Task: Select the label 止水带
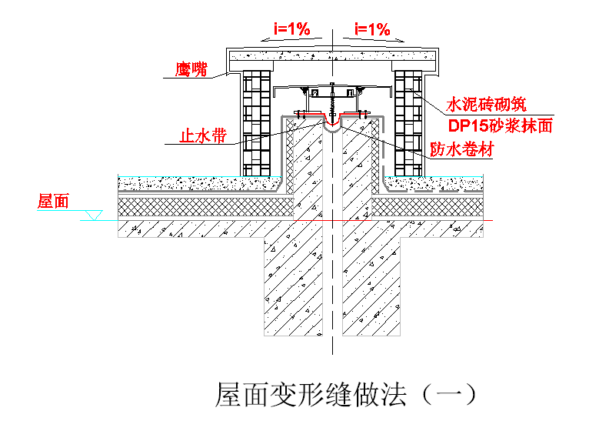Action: coord(202,136)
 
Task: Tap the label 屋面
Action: coord(53,202)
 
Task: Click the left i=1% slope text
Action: coord(291,29)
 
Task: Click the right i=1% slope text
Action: coord(371,29)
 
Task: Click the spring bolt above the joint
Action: coord(332,99)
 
